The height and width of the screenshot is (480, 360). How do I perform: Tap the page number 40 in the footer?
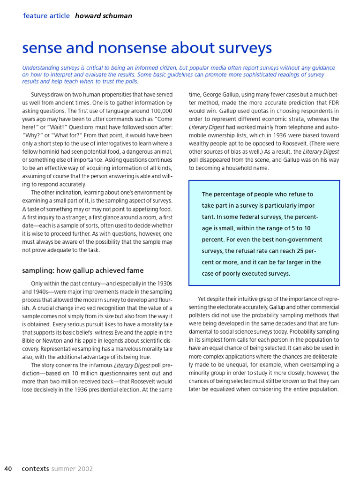pos(8,469)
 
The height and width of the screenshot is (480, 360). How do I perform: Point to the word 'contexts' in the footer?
pos(35,469)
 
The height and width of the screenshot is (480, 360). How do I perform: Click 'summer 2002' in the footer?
pos(72,469)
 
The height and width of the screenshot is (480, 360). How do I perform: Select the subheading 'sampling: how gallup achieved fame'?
pos(83,270)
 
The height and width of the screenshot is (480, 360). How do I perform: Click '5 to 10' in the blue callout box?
pos(298,228)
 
